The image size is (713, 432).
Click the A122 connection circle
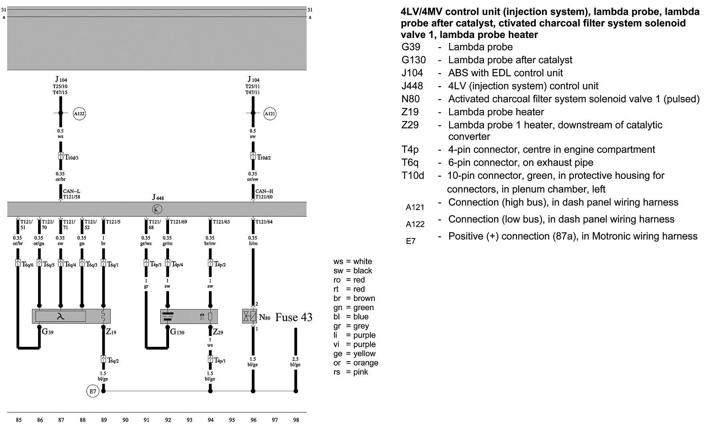pos(80,114)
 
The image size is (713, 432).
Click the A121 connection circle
pos(270,114)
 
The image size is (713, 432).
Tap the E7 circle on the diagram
pos(92,391)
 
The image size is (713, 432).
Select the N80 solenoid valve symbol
pos(249,316)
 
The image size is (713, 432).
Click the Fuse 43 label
pos(294,318)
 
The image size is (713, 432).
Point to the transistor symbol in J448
pos(157,209)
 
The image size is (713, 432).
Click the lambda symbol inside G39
pos(60,317)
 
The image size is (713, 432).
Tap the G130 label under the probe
pos(177,332)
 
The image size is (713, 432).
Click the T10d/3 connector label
pos(72,157)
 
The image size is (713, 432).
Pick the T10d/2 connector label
pos(264,157)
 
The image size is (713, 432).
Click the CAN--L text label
pos(72,191)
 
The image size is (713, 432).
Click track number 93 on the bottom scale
pos(189,420)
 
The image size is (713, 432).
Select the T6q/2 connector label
pos(113,360)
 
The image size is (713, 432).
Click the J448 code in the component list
pos(412,86)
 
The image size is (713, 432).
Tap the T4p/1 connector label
pos(220,360)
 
